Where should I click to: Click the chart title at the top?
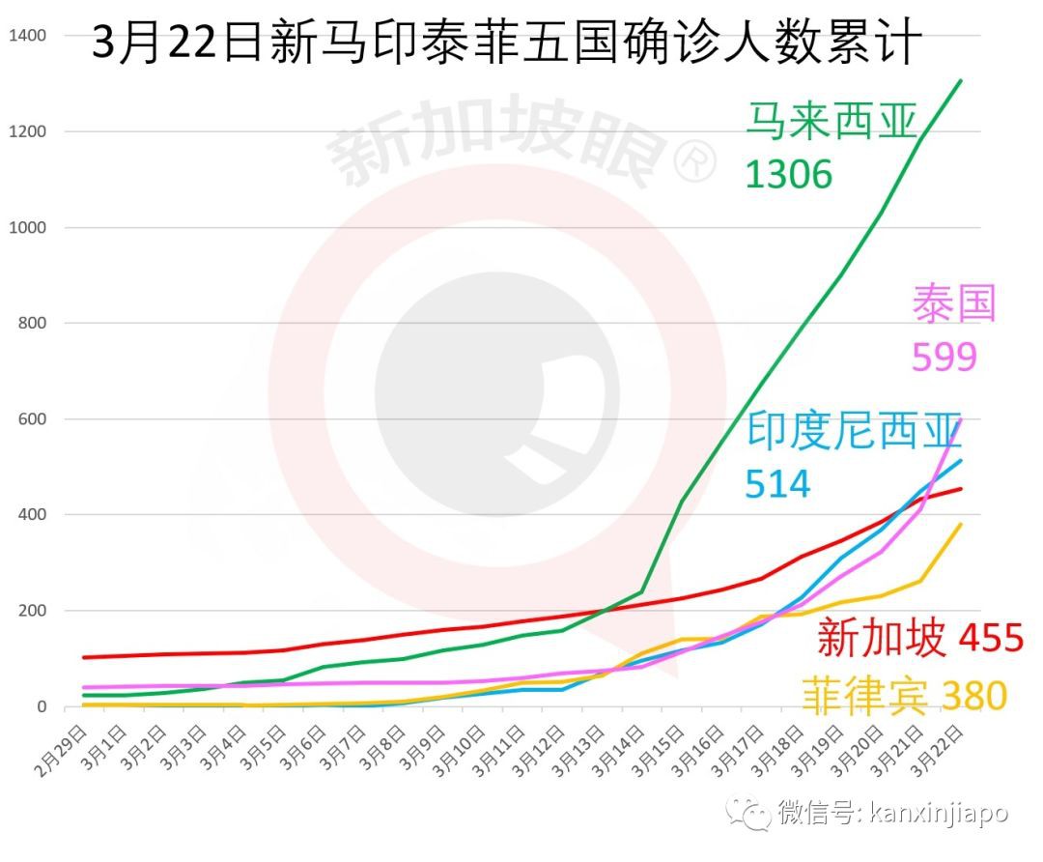(507, 43)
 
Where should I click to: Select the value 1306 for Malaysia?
(788, 174)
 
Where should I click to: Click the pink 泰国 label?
(953, 303)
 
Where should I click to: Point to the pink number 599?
(944, 357)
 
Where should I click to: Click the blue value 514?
(777, 483)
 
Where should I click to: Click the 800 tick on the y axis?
(33, 324)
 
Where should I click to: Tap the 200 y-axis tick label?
(33, 611)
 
